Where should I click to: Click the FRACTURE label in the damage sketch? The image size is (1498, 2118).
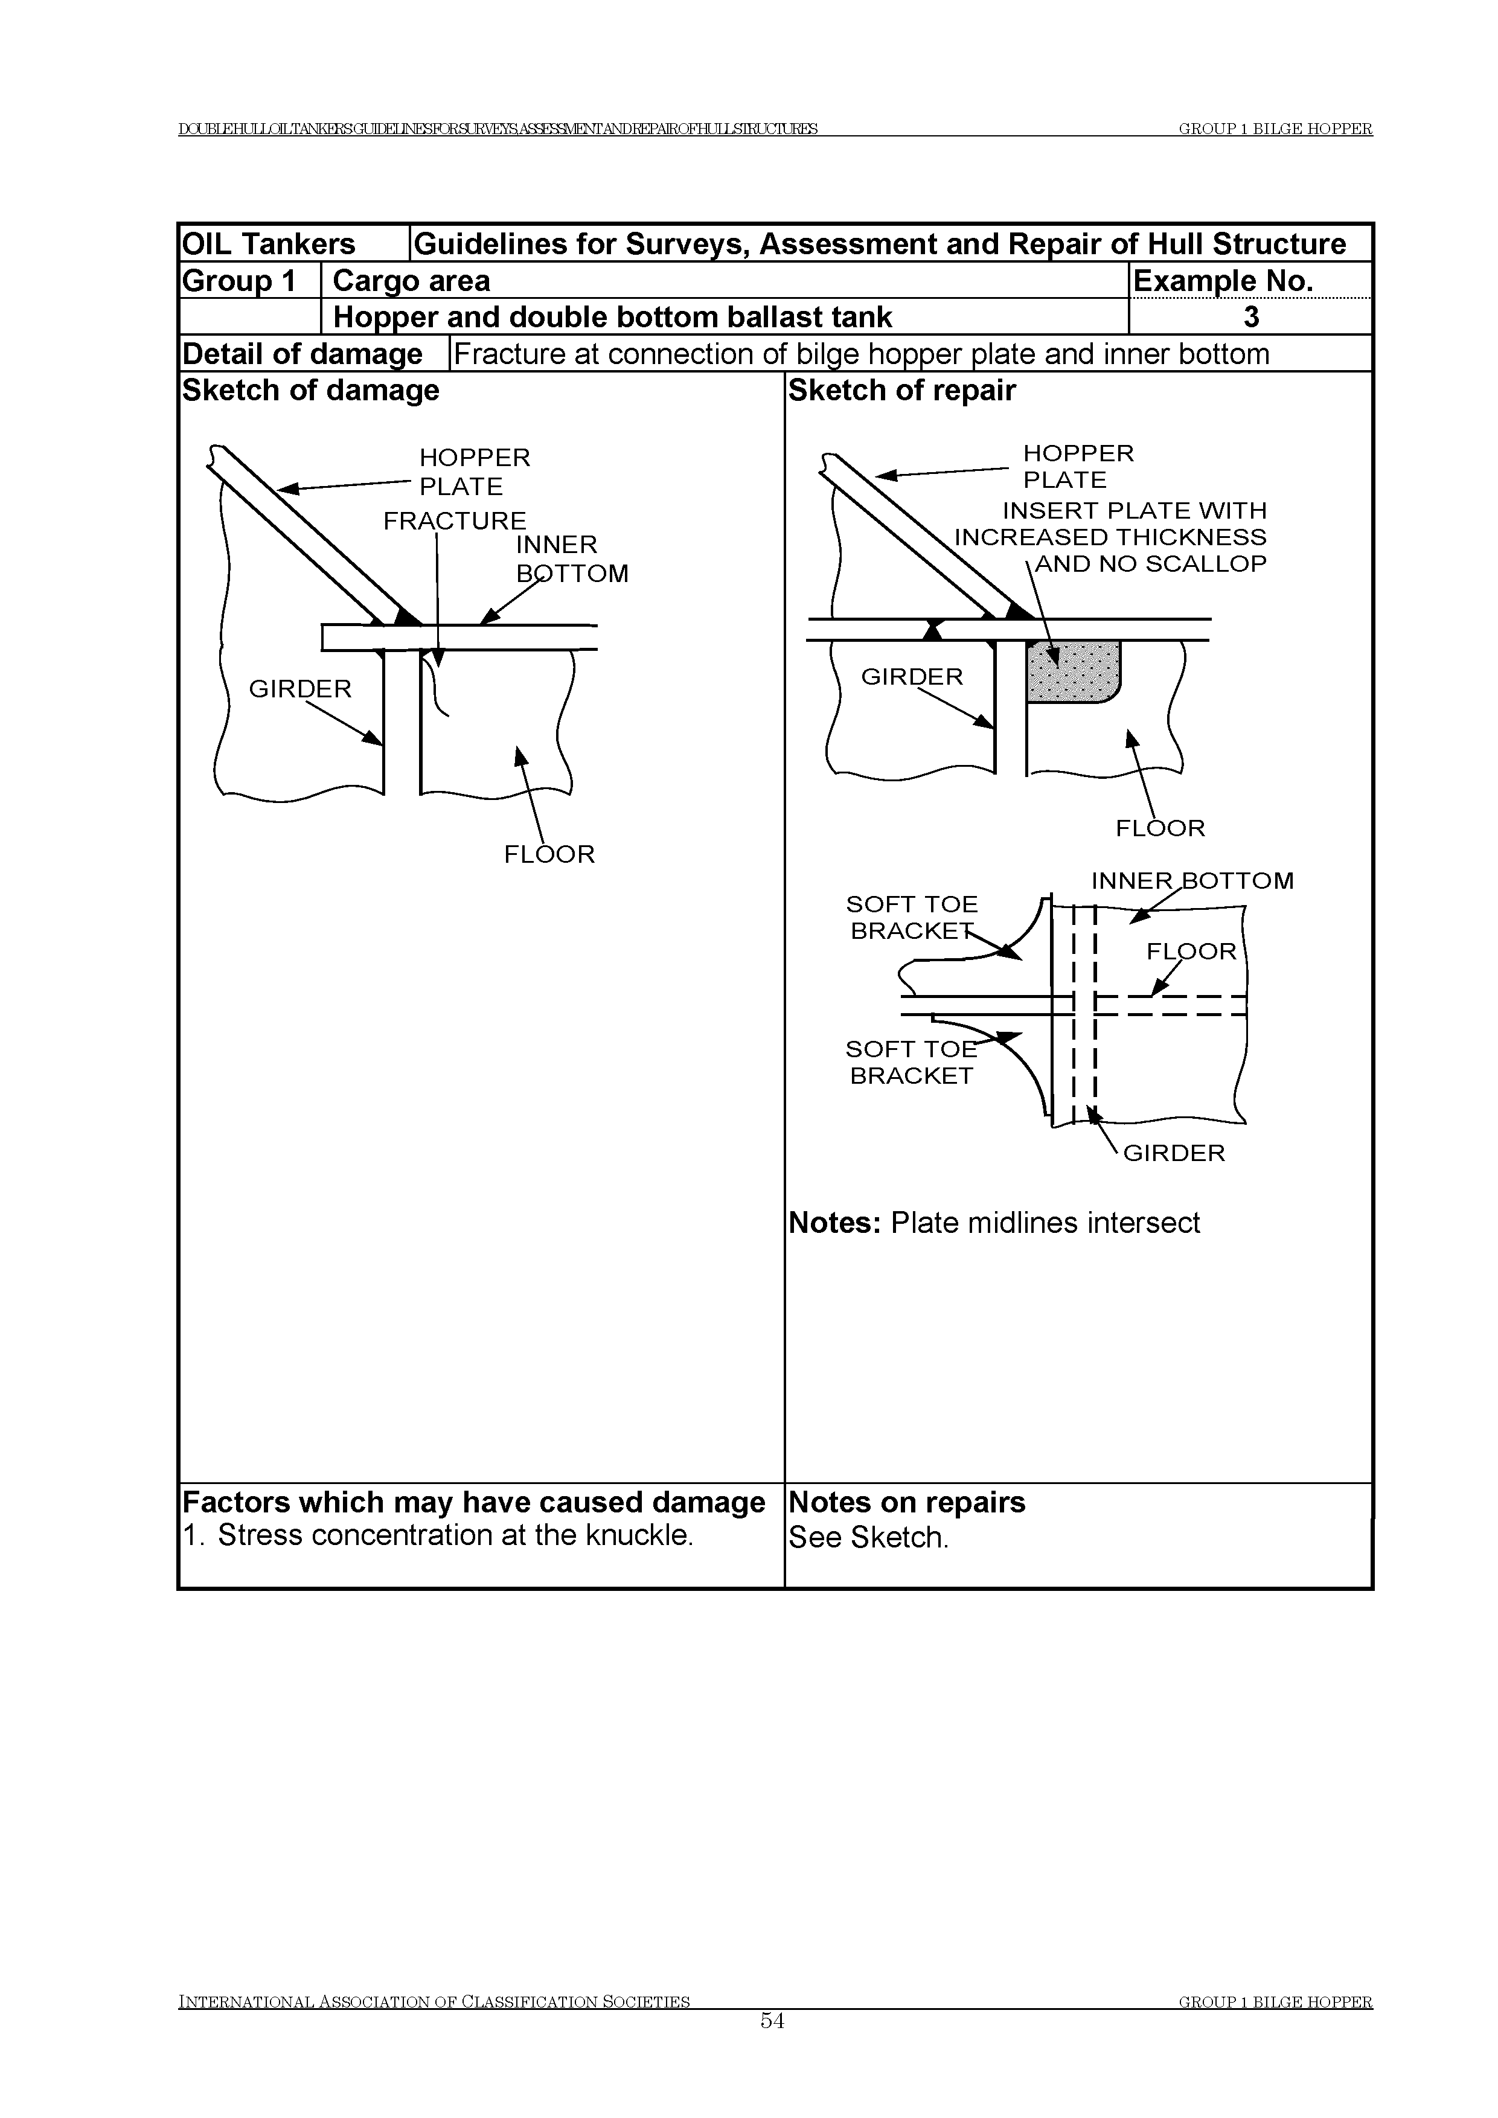455,521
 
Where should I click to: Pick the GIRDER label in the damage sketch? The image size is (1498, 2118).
300,689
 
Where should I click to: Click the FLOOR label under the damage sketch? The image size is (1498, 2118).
549,854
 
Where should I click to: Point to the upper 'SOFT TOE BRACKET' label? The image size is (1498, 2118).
912,918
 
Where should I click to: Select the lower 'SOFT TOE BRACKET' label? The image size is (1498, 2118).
911,1063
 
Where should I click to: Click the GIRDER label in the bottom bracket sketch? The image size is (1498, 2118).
1173,1153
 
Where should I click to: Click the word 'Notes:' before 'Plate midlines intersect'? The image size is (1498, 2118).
836,1223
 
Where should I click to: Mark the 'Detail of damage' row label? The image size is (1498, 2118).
302,354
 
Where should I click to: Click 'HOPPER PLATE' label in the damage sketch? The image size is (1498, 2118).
474,472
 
